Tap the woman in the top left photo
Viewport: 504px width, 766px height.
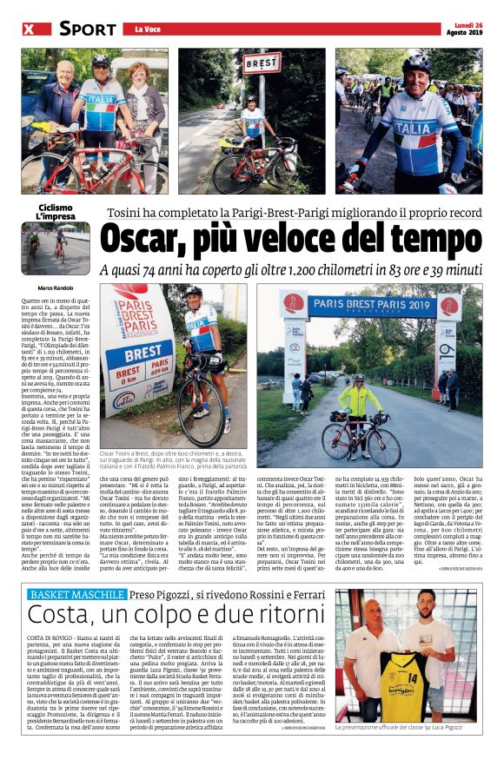(x=139, y=104)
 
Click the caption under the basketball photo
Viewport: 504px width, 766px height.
(x=409, y=753)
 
